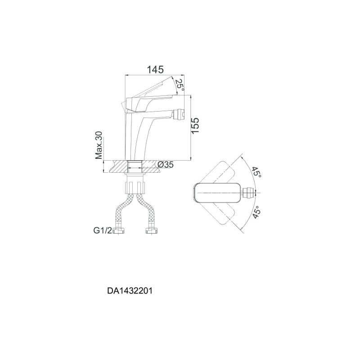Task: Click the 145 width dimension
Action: point(155,69)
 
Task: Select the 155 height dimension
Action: point(195,126)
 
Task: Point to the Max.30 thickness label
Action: point(99,145)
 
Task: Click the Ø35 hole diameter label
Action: point(166,164)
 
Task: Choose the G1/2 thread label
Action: point(103,230)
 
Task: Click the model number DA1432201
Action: point(130,291)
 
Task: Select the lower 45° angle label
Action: point(256,212)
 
